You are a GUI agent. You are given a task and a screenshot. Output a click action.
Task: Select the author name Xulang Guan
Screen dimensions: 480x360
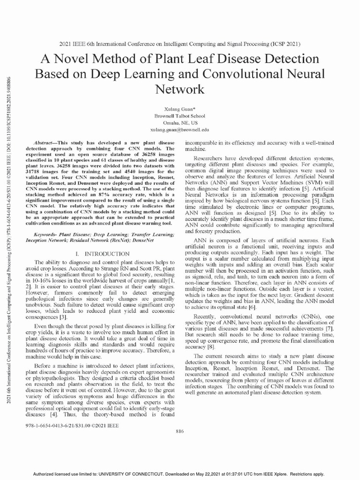pos(180,108)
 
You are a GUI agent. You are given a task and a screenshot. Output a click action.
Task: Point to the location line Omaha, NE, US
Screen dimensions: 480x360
pos(180,121)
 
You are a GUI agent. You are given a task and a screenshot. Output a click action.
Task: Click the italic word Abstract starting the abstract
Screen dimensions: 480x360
pos(46,142)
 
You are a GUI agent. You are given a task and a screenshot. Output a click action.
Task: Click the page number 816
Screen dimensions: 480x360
pos(180,431)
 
